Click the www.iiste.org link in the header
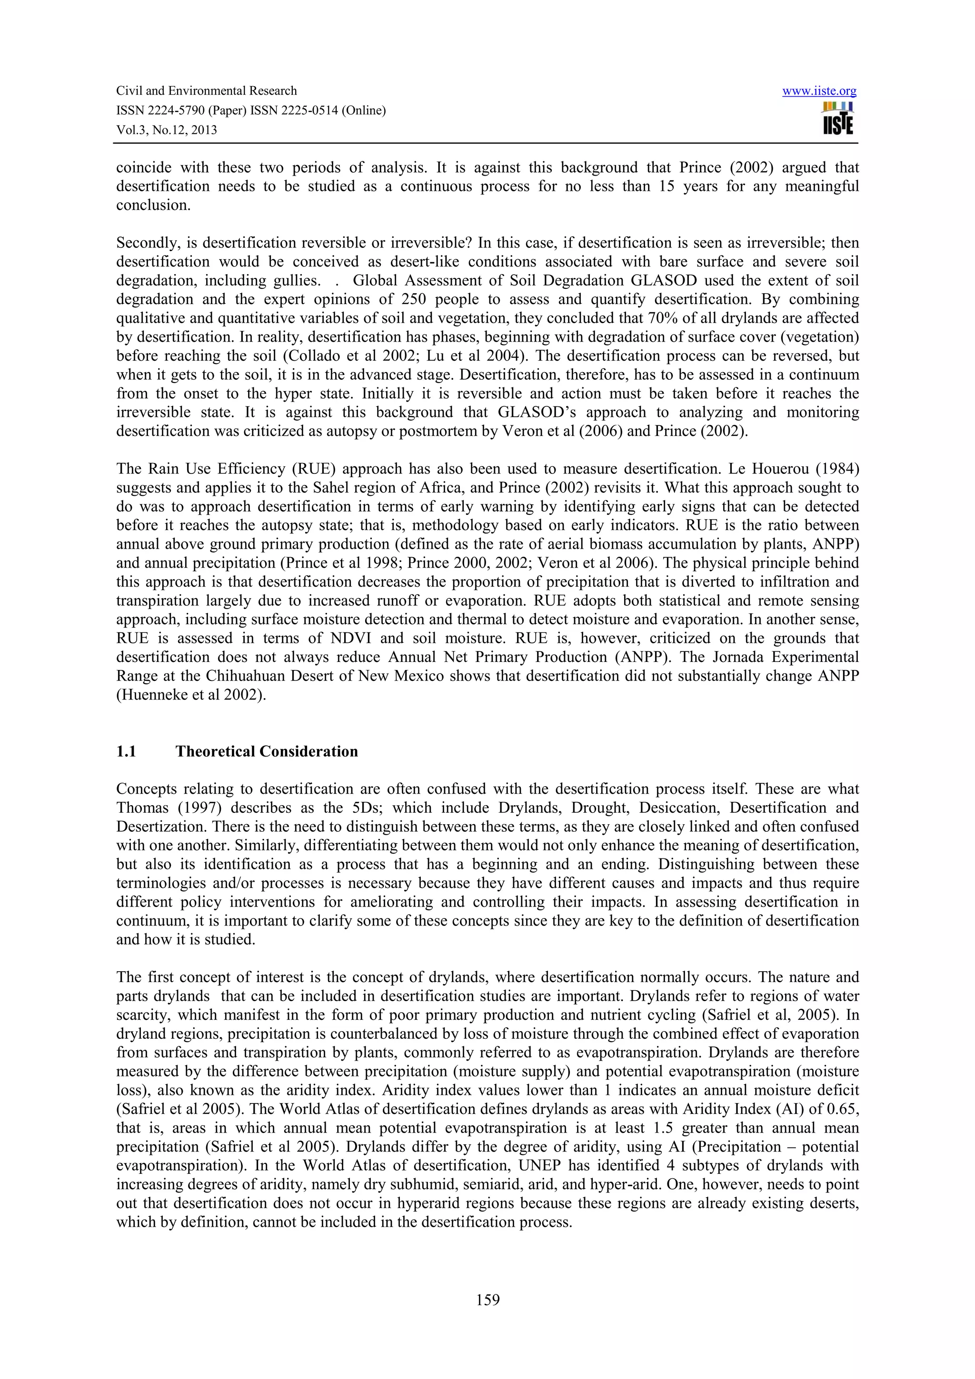819,91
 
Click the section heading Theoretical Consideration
266,751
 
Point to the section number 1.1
126,751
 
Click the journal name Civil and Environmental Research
206,91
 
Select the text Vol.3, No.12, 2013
167,130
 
